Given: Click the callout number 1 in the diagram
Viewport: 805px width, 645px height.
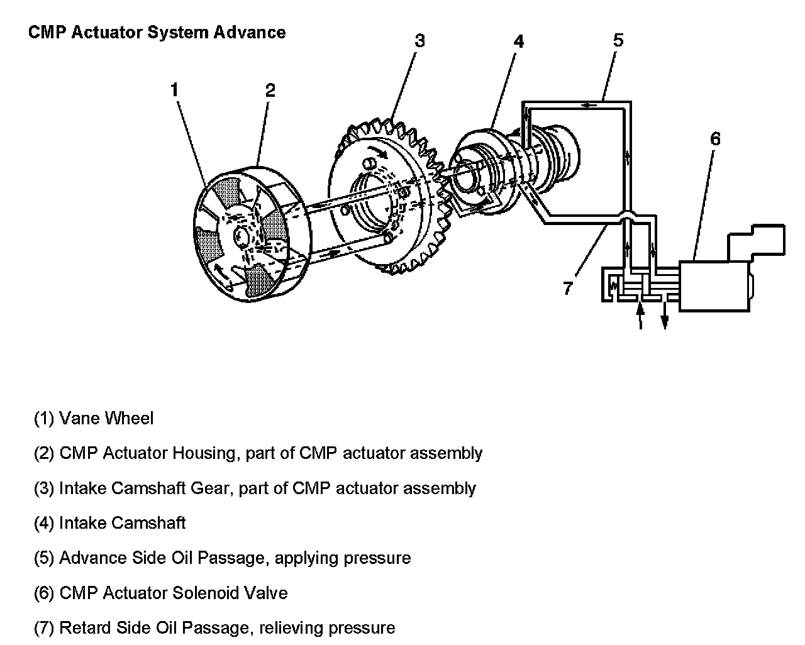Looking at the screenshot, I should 174,90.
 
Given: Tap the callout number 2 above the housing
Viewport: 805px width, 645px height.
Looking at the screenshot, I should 270,90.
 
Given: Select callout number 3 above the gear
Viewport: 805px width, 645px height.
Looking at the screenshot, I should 419,41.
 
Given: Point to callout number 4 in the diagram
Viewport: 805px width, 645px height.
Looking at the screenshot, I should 518,41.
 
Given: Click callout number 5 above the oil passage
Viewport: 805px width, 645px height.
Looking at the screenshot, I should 618,41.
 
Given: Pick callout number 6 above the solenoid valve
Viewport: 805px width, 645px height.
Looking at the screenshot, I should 715,139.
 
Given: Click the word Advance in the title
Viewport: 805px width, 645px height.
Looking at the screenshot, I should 249,33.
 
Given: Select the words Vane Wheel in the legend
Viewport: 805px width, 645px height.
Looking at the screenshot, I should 106,418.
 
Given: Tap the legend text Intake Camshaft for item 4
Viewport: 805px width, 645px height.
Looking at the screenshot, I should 122,523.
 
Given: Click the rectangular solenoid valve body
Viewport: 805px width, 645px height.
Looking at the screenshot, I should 714,286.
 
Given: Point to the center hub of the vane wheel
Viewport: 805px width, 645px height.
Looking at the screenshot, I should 241,236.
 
